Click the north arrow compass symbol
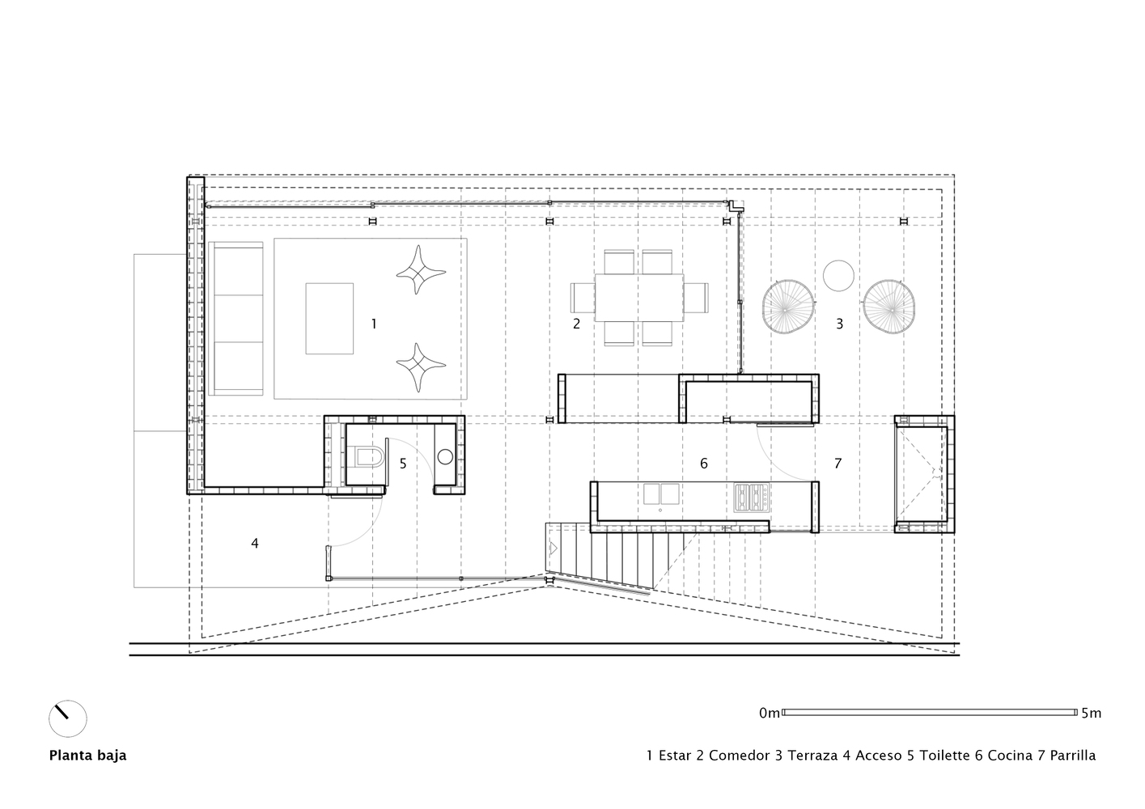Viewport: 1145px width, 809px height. [x=67, y=718]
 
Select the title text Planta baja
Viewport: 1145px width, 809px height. [x=87, y=756]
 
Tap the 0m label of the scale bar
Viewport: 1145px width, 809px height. [x=769, y=713]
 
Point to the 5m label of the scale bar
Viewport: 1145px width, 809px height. [x=1091, y=713]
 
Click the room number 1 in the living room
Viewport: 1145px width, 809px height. [x=373, y=324]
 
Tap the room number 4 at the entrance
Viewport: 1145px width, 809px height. [x=254, y=544]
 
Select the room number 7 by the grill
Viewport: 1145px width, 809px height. [x=838, y=464]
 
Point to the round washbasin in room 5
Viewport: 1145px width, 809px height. [x=444, y=456]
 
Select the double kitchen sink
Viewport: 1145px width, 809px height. [x=662, y=493]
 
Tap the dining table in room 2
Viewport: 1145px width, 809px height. [x=639, y=297]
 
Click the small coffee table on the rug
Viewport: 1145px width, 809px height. [x=329, y=318]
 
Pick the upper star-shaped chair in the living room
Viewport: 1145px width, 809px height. [x=418, y=271]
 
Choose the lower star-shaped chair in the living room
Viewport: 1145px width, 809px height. [x=418, y=368]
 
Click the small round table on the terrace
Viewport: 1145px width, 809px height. [x=838, y=275]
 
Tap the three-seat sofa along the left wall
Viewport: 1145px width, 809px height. [x=236, y=318]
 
